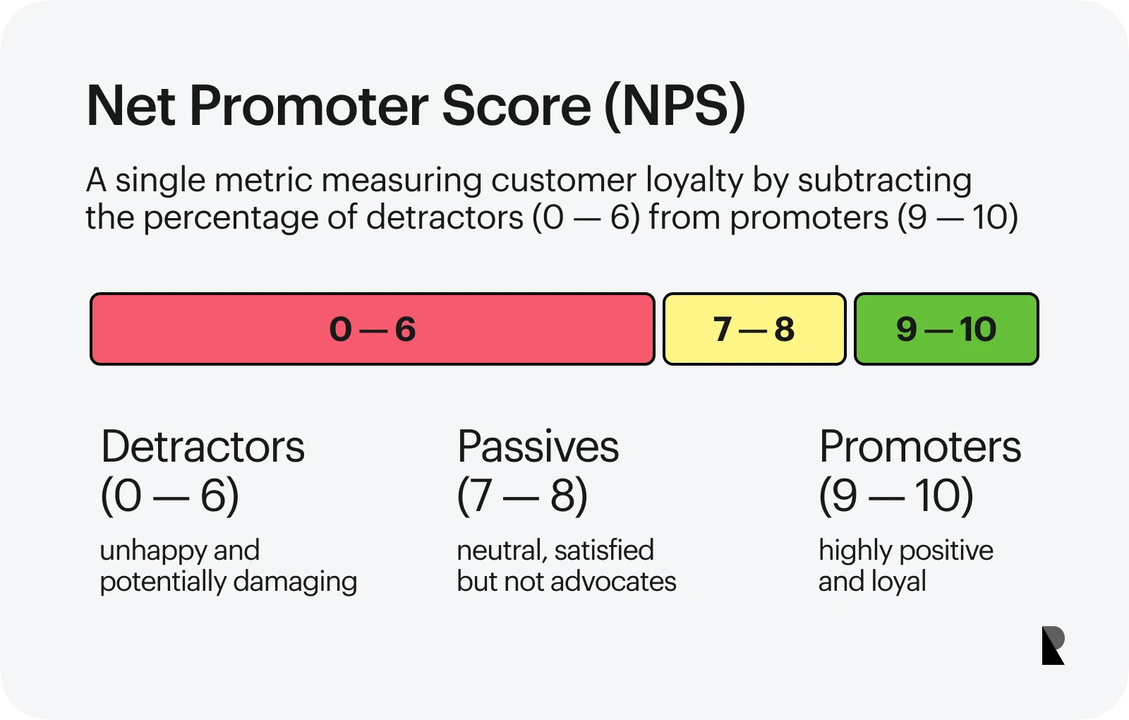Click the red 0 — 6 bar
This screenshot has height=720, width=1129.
click(373, 329)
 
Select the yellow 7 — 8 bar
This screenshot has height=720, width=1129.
click(754, 329)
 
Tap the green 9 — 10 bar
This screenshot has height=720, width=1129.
click(946, 329)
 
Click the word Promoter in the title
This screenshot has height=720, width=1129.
click(308, 107)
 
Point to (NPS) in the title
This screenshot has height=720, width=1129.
click(675, 107)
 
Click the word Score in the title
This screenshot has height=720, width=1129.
click(517, 107)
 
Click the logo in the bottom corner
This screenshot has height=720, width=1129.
click(1053, 645)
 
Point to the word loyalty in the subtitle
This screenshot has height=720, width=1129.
click(694, 181)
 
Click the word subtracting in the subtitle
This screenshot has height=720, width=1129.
click(885, 181)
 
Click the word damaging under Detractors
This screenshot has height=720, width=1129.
click(296, 582)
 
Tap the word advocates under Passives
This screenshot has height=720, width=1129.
click(613, 582)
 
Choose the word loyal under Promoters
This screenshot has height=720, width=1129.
click(899, 582)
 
